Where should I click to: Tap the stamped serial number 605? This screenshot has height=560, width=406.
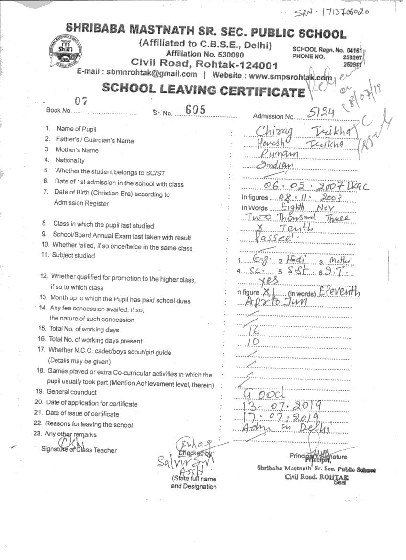click(195, 110)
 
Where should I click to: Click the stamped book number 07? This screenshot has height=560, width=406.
click(80, 101)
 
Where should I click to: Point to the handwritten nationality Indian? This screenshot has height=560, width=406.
click(274, 165)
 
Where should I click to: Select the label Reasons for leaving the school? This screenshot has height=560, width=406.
click(89, 424)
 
